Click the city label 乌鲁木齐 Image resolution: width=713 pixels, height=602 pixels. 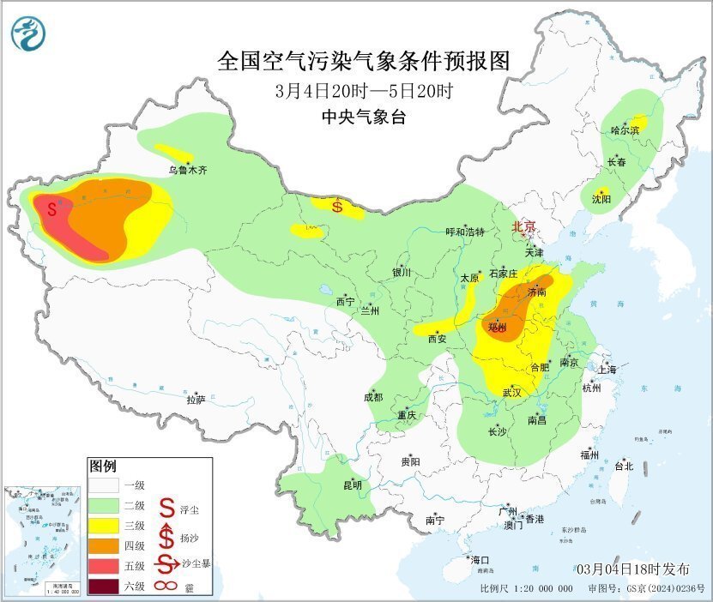click(x=187, y=170)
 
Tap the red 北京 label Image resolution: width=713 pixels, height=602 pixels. click(x=523, y=226)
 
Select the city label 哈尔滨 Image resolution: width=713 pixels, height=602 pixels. click(x=625, y=130)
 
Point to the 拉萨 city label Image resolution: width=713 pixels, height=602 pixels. click(x=196, y=400)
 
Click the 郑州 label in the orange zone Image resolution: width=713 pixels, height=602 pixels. click(x=497, y=328)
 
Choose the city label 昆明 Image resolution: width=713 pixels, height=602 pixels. click(x=352, y=485)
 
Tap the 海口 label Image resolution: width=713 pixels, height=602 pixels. click(x=480, y=560)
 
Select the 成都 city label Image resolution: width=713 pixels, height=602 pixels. click(x=372, y=397)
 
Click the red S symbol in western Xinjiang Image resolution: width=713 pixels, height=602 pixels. click(x=53, y=208)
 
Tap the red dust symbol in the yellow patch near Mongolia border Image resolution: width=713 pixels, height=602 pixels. click(x=337, y=206)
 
